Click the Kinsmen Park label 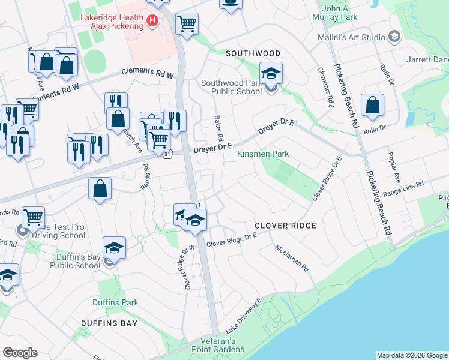point(263,154)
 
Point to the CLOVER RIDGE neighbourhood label point(285,226)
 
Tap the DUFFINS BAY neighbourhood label point(109,323)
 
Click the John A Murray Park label point(339,13)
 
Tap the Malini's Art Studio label point(352,37)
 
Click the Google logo point(20,353)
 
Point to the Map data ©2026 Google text point(412,355)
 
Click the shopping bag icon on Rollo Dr point(372,105)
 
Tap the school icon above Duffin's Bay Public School point(114,247)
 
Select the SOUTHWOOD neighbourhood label point(253,53)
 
